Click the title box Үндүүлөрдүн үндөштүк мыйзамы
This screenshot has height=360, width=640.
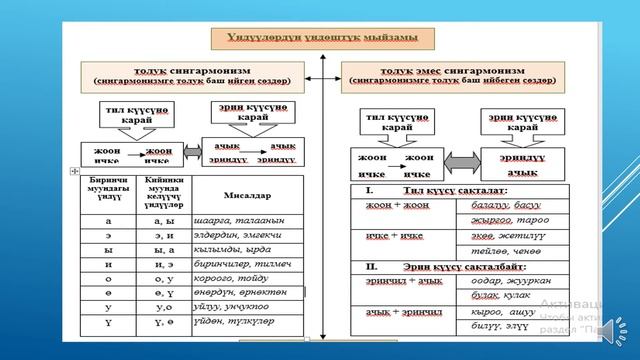coord(321,39)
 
